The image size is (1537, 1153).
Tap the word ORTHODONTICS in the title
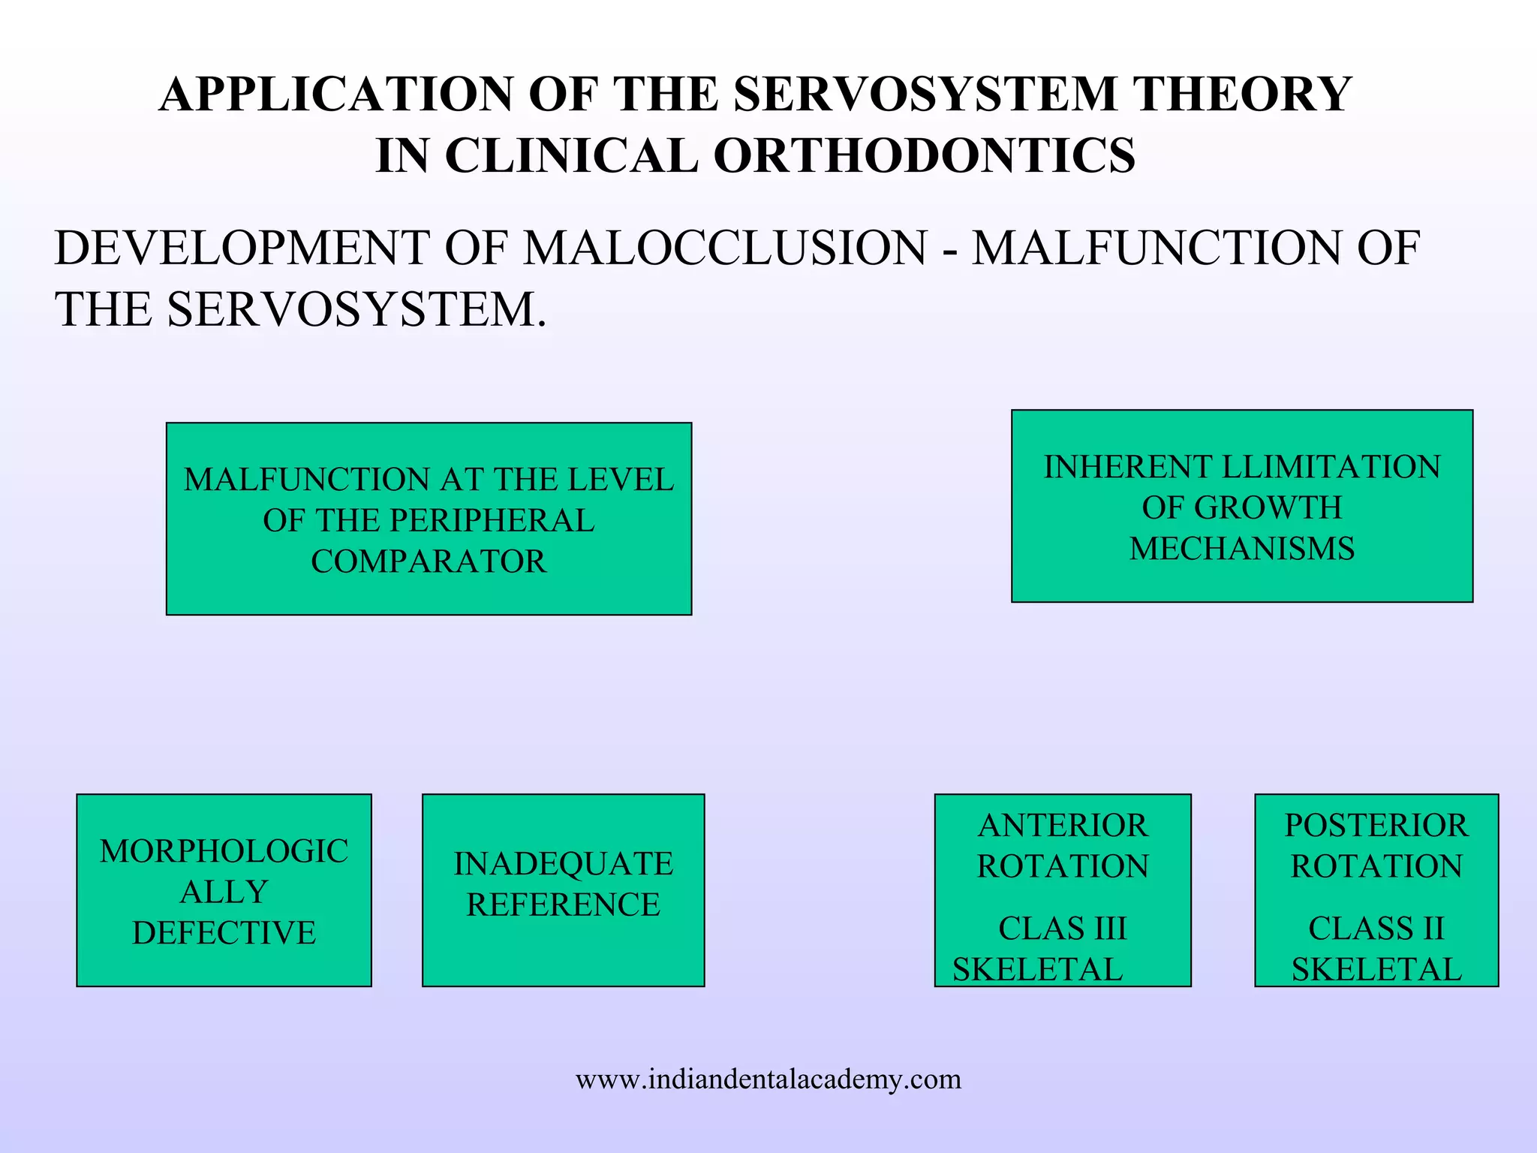(x=924, y=156)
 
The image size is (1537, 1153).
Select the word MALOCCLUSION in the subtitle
(x=725, y=248)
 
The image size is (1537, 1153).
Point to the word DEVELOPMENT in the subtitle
(x=242, y=248)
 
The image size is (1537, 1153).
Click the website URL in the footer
(x=768, y=1079)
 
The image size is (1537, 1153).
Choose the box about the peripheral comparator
(x=429, y=519)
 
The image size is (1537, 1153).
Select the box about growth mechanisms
(x=1242, y=506)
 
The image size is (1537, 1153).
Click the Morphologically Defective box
(x=224, y=890)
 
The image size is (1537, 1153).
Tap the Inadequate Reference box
(x=563, y=890)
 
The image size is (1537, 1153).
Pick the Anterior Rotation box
(x=1063, y=890)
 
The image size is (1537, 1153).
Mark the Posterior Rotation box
(x=1376, y=890)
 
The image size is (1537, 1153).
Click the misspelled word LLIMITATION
(x=1331, y=467)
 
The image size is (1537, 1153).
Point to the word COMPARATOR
(x=429, y=561)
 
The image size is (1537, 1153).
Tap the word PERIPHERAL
(x=492, y=521)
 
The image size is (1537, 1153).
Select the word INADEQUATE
(x=564, y=864)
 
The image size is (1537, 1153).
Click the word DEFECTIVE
(x=224, y=933)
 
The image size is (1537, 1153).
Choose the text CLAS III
(x=1063, y=929)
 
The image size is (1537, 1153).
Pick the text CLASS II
(x=1376, y=929)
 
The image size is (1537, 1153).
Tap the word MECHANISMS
(x=1242, y=549)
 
